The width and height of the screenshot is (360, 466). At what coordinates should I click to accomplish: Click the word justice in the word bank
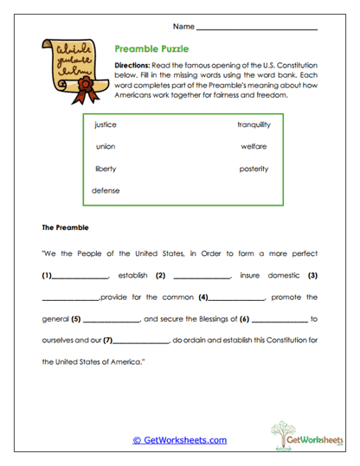(105, 125)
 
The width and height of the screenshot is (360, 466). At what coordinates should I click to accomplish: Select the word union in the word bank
(105, 147)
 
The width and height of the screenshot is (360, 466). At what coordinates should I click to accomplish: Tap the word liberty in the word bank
(105, 169)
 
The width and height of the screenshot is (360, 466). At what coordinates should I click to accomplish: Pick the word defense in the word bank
(106, 190)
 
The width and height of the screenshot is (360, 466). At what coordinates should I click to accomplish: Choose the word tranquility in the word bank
(254, 125)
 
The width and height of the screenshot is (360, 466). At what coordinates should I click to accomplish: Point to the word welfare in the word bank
(254, 147)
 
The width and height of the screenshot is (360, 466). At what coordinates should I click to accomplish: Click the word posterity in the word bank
(254, 169)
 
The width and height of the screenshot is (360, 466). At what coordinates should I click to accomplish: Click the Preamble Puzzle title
(151, 50)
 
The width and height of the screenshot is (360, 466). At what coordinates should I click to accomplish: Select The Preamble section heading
(66, 228)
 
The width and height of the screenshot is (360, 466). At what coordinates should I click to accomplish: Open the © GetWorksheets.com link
(179, 440)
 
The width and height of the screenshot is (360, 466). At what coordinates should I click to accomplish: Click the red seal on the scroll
(85, 87)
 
